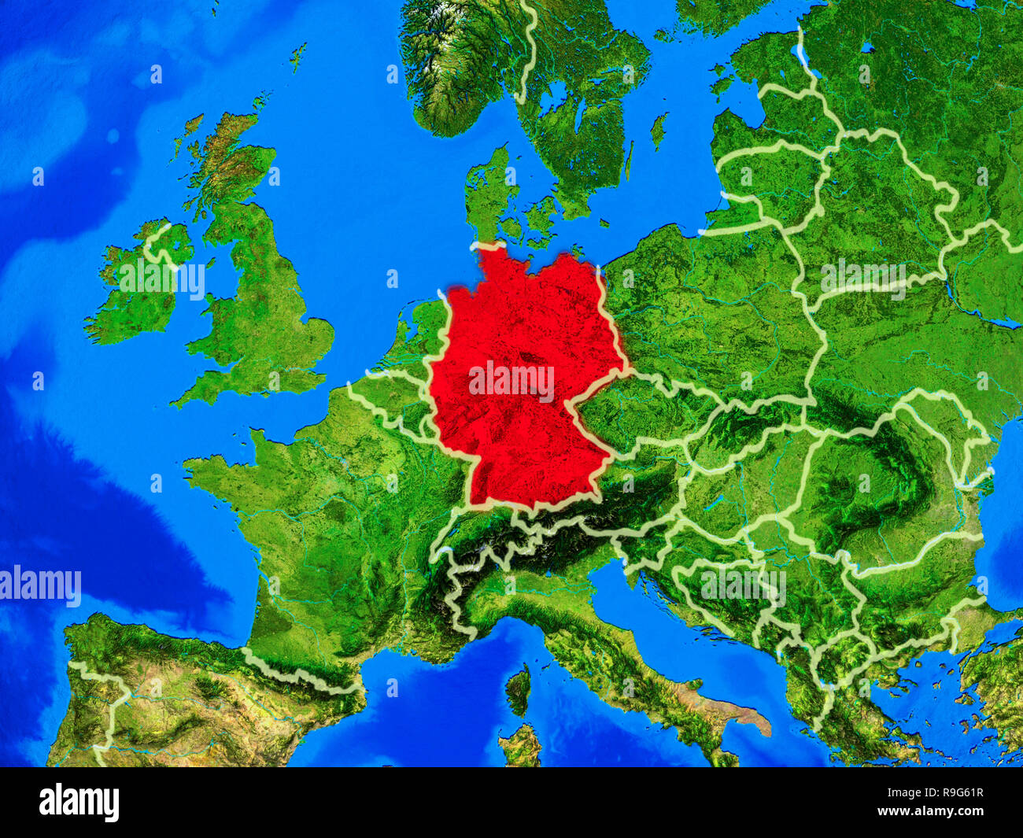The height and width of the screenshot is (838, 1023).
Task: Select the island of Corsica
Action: coord(518,689)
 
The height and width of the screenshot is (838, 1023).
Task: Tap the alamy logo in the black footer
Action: coord(79,802)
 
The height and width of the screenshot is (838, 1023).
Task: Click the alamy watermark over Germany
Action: coord(511,381)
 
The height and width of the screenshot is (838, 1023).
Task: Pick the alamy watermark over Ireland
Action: coord(162,279)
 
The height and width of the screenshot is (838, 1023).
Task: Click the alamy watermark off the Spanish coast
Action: coord(41,586)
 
